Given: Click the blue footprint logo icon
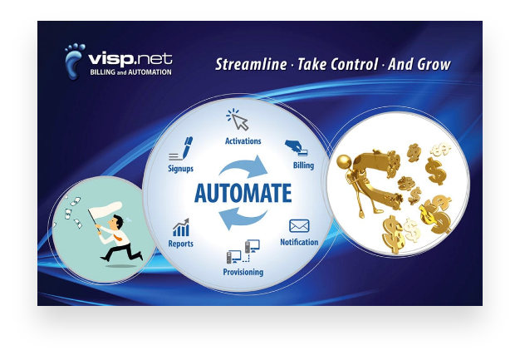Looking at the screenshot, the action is click(x=74, y=61).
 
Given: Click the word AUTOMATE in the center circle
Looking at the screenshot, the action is click(x=243, y=193).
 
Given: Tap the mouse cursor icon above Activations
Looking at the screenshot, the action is click(x=238, y=120).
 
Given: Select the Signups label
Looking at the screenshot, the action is click(x=181, y=169).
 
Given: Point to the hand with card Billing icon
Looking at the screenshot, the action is click(x=297, y=147).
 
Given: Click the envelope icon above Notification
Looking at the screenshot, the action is click(x=299, y=226).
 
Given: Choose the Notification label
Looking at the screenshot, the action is click(x=299, y=242).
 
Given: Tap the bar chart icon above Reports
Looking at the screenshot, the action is click(x=181, y=228).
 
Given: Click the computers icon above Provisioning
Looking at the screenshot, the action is click(x=243, y=252).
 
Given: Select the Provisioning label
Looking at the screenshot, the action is click(x=243, y=272).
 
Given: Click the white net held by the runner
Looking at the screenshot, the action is click(x=105, y=209).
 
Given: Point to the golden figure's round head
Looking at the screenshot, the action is click(x=344, y=161).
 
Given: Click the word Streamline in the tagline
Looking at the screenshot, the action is click(x=251, y=64).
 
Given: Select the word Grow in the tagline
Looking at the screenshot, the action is click(x=434, y=64).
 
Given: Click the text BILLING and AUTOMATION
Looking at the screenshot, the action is click(x=131, y=72).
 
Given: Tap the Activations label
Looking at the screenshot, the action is click(x=243, y=141).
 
